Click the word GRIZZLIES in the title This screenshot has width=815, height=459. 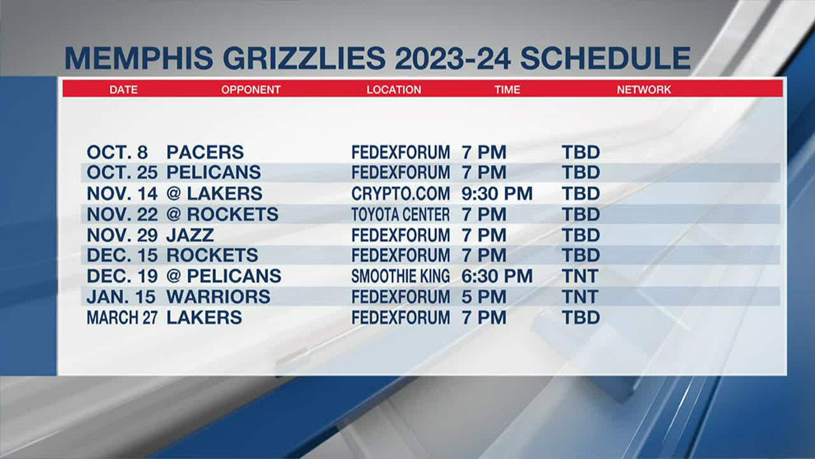coord(304,58)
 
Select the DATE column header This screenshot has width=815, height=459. coord(123,90)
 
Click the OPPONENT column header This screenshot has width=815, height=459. coord(250,90)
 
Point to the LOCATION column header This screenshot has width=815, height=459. coord(393,90)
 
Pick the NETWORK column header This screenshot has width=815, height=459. coord(644,90)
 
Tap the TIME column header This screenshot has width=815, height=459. coord(507,90)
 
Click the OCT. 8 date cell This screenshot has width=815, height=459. coord(117,152)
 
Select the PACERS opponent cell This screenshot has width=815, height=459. coord(205,152)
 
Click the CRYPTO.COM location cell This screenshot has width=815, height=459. coord(400,194)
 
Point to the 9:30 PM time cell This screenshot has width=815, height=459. coord(497,194)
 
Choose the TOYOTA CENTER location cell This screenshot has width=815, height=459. coord(400,215)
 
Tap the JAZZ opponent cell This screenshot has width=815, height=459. coord(190,235)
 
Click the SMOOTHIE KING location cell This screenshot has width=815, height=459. coord(400,276)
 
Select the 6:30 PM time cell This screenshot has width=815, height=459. coord(497,276)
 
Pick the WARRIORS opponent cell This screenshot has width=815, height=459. coord(218,297)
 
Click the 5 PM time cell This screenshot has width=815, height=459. coord(484,297)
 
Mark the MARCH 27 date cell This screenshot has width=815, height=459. coord(122,317)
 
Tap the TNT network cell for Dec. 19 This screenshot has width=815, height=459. coord(580,276)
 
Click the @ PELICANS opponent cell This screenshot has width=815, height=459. coord(224,276)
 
